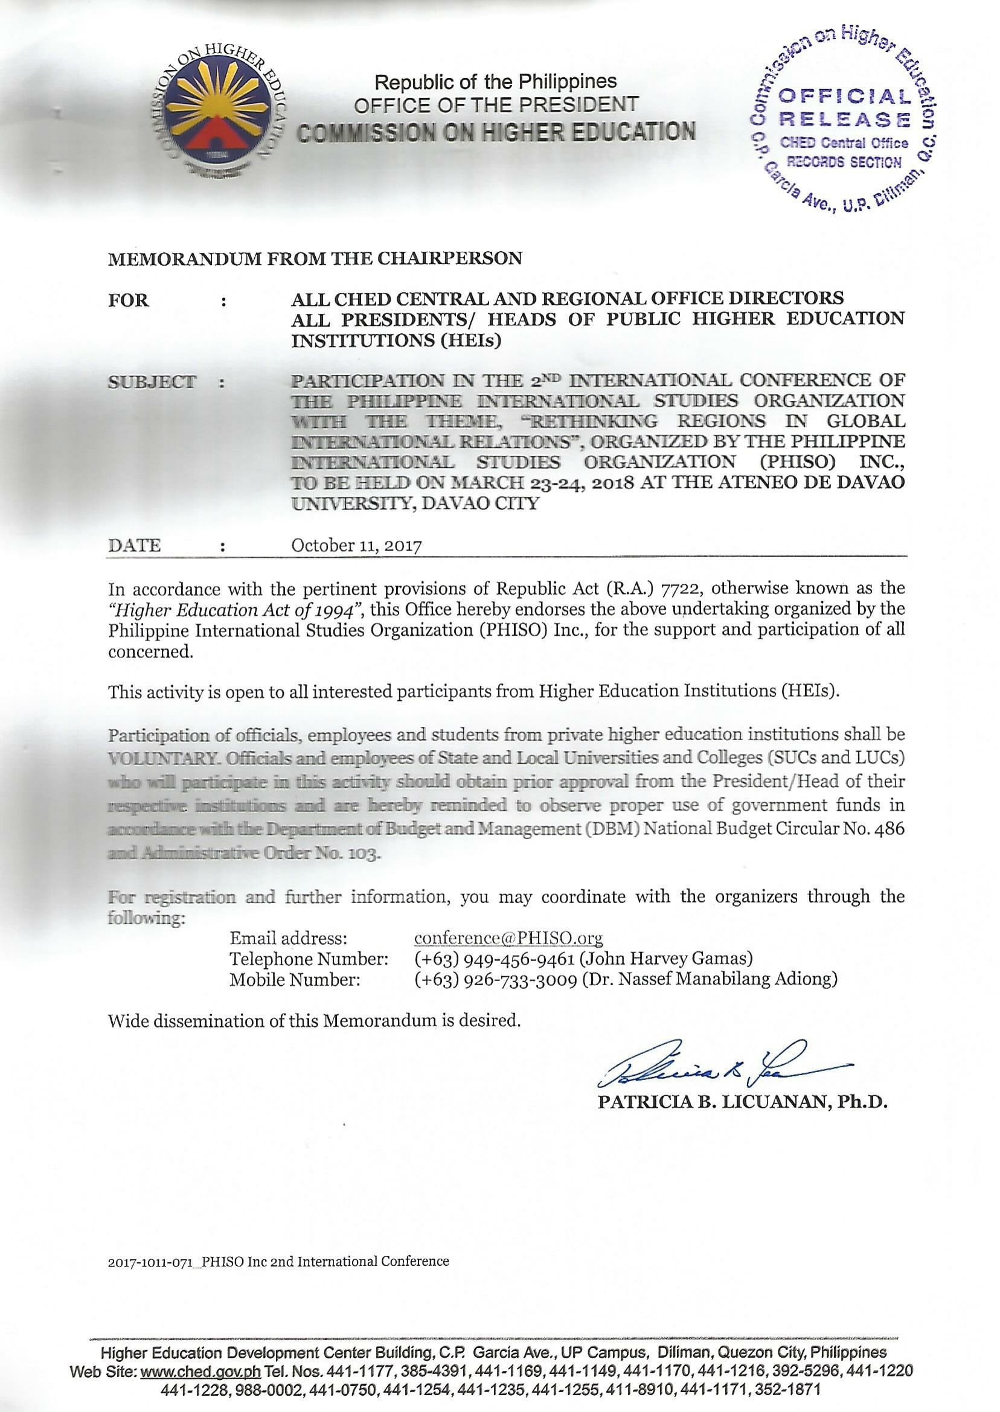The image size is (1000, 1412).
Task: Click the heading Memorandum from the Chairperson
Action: [315, 258]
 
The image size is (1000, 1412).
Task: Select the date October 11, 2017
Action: [356, 545]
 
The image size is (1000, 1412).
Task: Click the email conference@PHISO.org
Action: [508, 938]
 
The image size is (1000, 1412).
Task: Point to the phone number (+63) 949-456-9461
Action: [495, 959]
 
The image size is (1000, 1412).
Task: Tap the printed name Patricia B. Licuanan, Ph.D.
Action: [743, 1102]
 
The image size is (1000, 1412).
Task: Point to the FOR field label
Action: [129, 301]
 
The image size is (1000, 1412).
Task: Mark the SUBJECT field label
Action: [152, 382]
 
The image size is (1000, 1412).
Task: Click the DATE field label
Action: [134, 545]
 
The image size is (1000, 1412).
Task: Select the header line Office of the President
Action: [496, 104]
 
